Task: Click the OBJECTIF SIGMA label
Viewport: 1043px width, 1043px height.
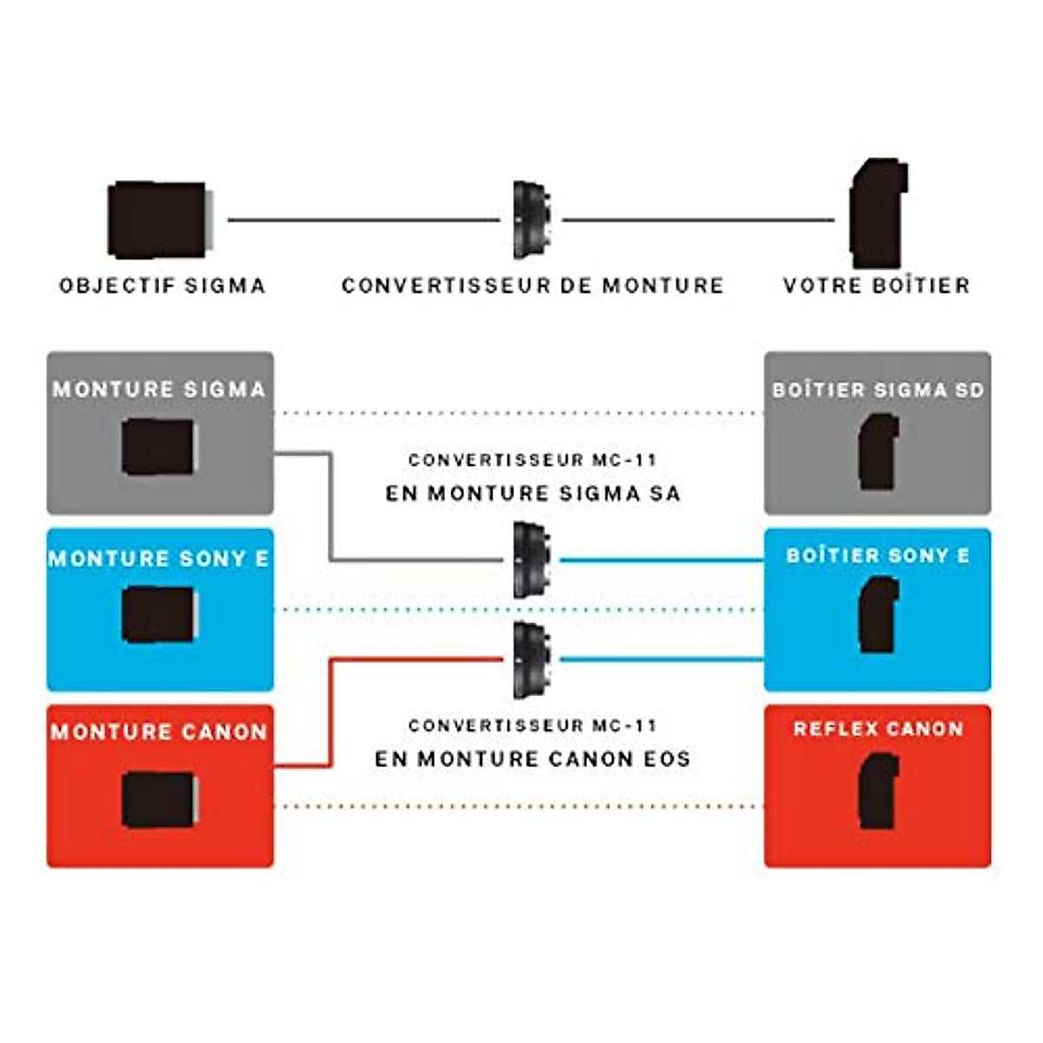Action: click(163, 286)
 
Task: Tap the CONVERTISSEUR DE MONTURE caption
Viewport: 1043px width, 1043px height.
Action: click(533, 286)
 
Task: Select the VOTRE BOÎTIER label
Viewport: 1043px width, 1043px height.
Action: click(877, 286)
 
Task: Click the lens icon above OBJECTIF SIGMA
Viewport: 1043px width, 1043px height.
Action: click(160, 220)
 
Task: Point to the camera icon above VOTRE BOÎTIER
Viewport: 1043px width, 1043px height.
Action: click(878, 213)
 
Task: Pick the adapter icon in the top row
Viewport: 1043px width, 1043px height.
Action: click(532, 220)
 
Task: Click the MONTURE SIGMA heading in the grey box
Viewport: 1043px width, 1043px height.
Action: click(160, 389)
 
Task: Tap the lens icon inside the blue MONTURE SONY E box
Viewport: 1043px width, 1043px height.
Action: click(158, 615)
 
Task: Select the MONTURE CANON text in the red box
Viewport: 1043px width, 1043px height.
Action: click(160, 733)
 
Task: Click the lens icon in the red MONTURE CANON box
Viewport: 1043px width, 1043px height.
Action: click(159, 800)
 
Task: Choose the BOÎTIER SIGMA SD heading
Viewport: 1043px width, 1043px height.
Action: click(878, 390)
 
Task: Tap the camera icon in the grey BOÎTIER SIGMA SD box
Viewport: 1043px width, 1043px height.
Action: click(879, 452)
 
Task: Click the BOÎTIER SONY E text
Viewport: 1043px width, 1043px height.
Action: click(878, 555)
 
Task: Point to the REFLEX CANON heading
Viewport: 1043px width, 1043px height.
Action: click(879, 728)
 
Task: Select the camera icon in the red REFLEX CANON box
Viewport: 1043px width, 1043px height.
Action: click(879, 791)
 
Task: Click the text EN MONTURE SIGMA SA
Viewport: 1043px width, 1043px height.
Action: click(533, 494)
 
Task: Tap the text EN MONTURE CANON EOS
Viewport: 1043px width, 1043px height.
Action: click(533, 759)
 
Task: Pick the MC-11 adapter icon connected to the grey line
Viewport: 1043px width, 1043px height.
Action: click(532, 561)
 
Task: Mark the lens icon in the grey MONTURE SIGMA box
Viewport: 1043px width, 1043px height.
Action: click(158, 447)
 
